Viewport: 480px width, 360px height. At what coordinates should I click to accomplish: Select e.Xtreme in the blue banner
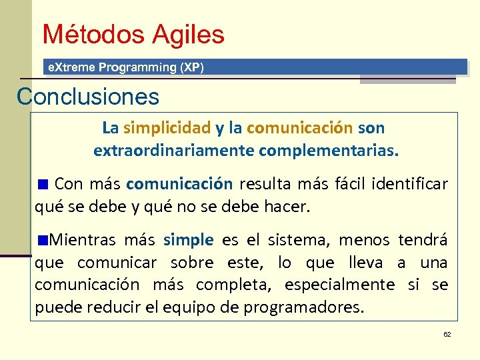coord(69,67)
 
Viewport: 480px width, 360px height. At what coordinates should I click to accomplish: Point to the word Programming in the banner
coord(135,67)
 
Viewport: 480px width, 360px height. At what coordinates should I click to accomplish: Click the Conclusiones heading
coord(88,97)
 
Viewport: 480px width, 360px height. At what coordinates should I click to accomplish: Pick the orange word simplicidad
coord(167,127)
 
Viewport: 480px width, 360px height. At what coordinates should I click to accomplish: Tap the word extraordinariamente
coord(173,151)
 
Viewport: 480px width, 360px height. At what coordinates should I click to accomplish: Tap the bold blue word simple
coord(189,240)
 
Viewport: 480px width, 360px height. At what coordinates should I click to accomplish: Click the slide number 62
coord(447,334)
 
